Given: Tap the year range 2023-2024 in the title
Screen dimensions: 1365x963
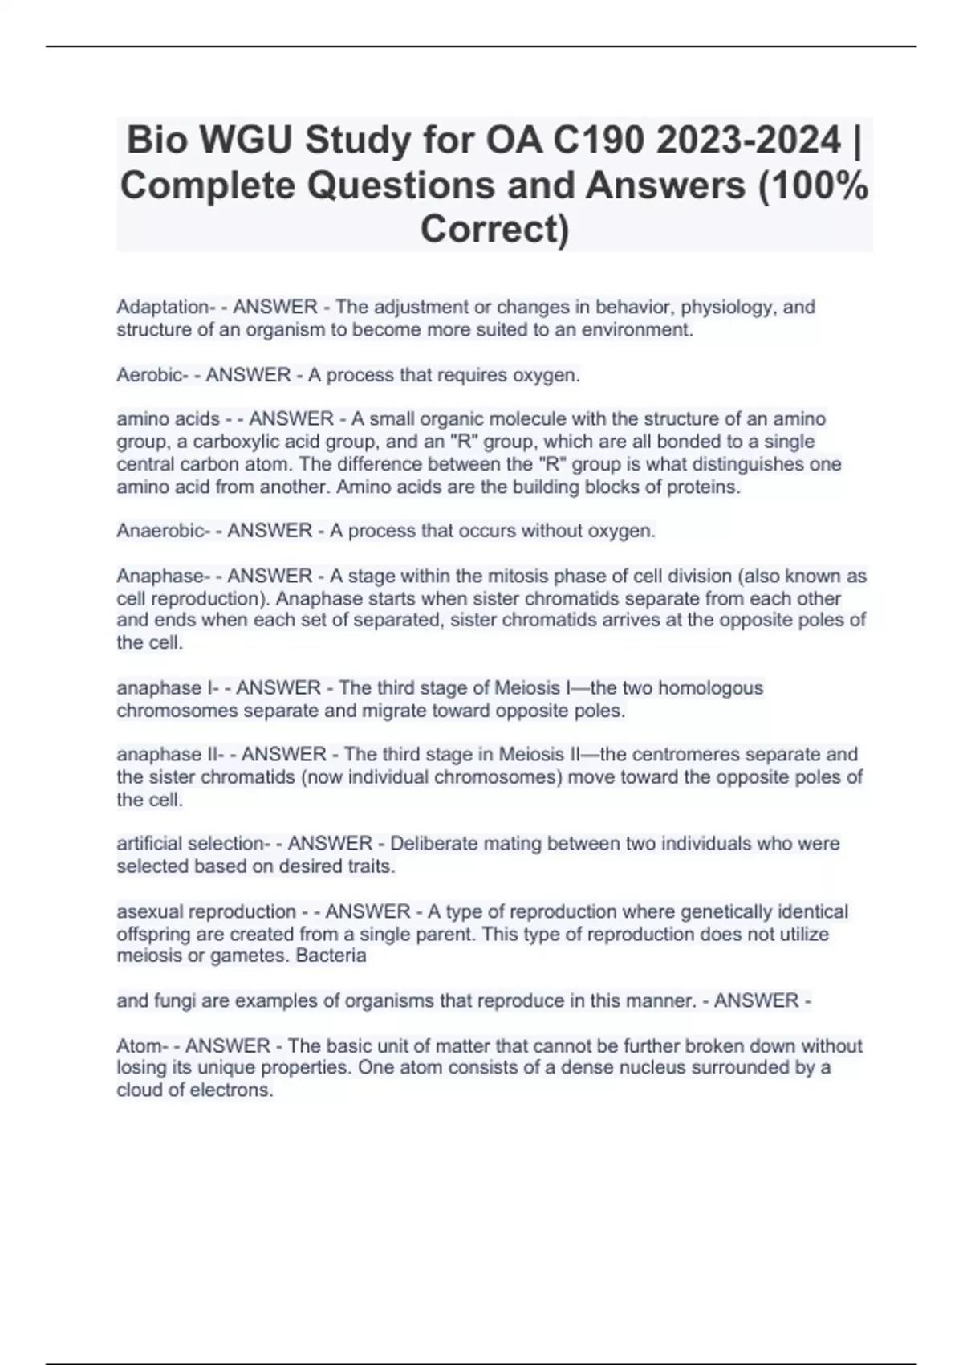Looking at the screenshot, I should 748,141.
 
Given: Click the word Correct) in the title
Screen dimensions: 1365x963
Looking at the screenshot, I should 494,229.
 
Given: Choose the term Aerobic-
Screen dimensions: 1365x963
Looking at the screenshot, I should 151,375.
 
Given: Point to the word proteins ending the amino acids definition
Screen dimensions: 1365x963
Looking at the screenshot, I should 703,487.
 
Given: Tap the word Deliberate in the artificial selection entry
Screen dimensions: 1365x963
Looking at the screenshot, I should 429,844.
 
